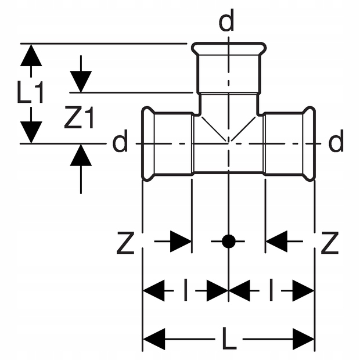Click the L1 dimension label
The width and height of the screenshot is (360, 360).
pos(31,93)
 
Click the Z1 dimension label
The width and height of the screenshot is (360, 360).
pos(79,119)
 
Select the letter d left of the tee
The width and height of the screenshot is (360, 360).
pos(120,142)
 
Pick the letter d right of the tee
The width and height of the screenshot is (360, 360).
pos(336,142)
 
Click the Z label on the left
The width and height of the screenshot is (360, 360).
pos(125,244)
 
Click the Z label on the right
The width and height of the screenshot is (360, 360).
pos(329,244)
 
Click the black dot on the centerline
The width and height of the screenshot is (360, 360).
pos(229,241)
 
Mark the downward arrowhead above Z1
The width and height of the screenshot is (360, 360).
pos(81,81)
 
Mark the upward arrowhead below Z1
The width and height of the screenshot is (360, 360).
pos(81,155)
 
